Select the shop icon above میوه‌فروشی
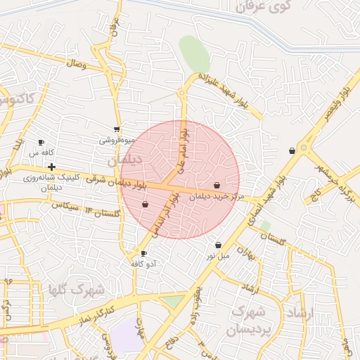(116, 129)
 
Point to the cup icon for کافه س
(41, 142)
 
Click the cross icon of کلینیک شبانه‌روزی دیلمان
(52, 167)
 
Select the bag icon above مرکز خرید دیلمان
(217, 186)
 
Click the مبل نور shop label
(217, 256)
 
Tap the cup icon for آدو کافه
(144, 253)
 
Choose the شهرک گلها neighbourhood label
(78, 289)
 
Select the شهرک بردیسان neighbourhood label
(250, 316)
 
